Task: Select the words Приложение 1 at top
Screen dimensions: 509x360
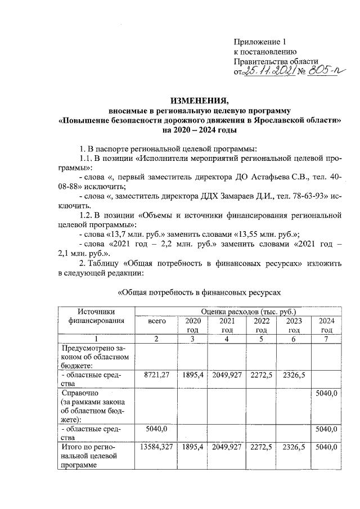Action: point(260,42)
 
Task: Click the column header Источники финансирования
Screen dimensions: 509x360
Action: point(96,316)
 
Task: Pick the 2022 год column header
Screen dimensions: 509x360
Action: point(260,325)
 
